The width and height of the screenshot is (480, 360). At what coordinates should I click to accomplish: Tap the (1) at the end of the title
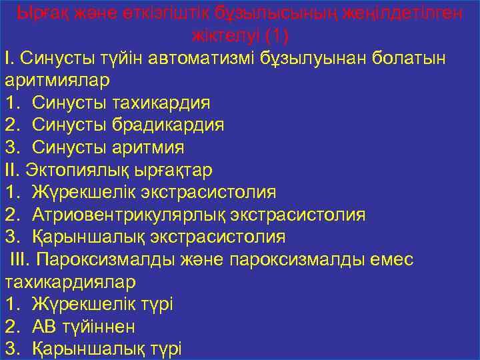click(275, 34)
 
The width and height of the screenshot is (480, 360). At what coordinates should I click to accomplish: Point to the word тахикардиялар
click(70, 282)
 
